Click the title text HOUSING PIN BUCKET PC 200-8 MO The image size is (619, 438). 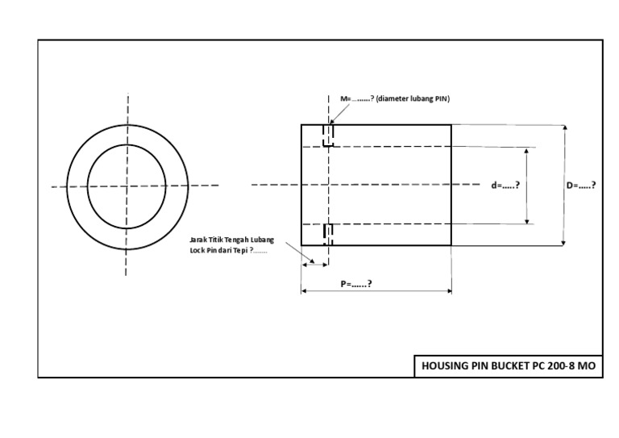coord(508,365)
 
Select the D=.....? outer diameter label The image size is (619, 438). coord(580,185)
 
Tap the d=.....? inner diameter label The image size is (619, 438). coord(505,185)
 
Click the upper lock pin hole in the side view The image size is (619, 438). coord(328,136)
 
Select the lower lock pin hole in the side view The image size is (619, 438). coord(328,234)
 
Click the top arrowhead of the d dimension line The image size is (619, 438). coord(528,150)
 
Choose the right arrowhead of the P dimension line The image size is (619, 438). coord(448,291)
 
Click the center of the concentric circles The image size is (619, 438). coord(127,186)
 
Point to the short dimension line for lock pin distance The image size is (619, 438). coord(314,263)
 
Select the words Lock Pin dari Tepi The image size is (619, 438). coord(223,250)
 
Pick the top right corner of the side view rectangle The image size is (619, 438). coord(451,124)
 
